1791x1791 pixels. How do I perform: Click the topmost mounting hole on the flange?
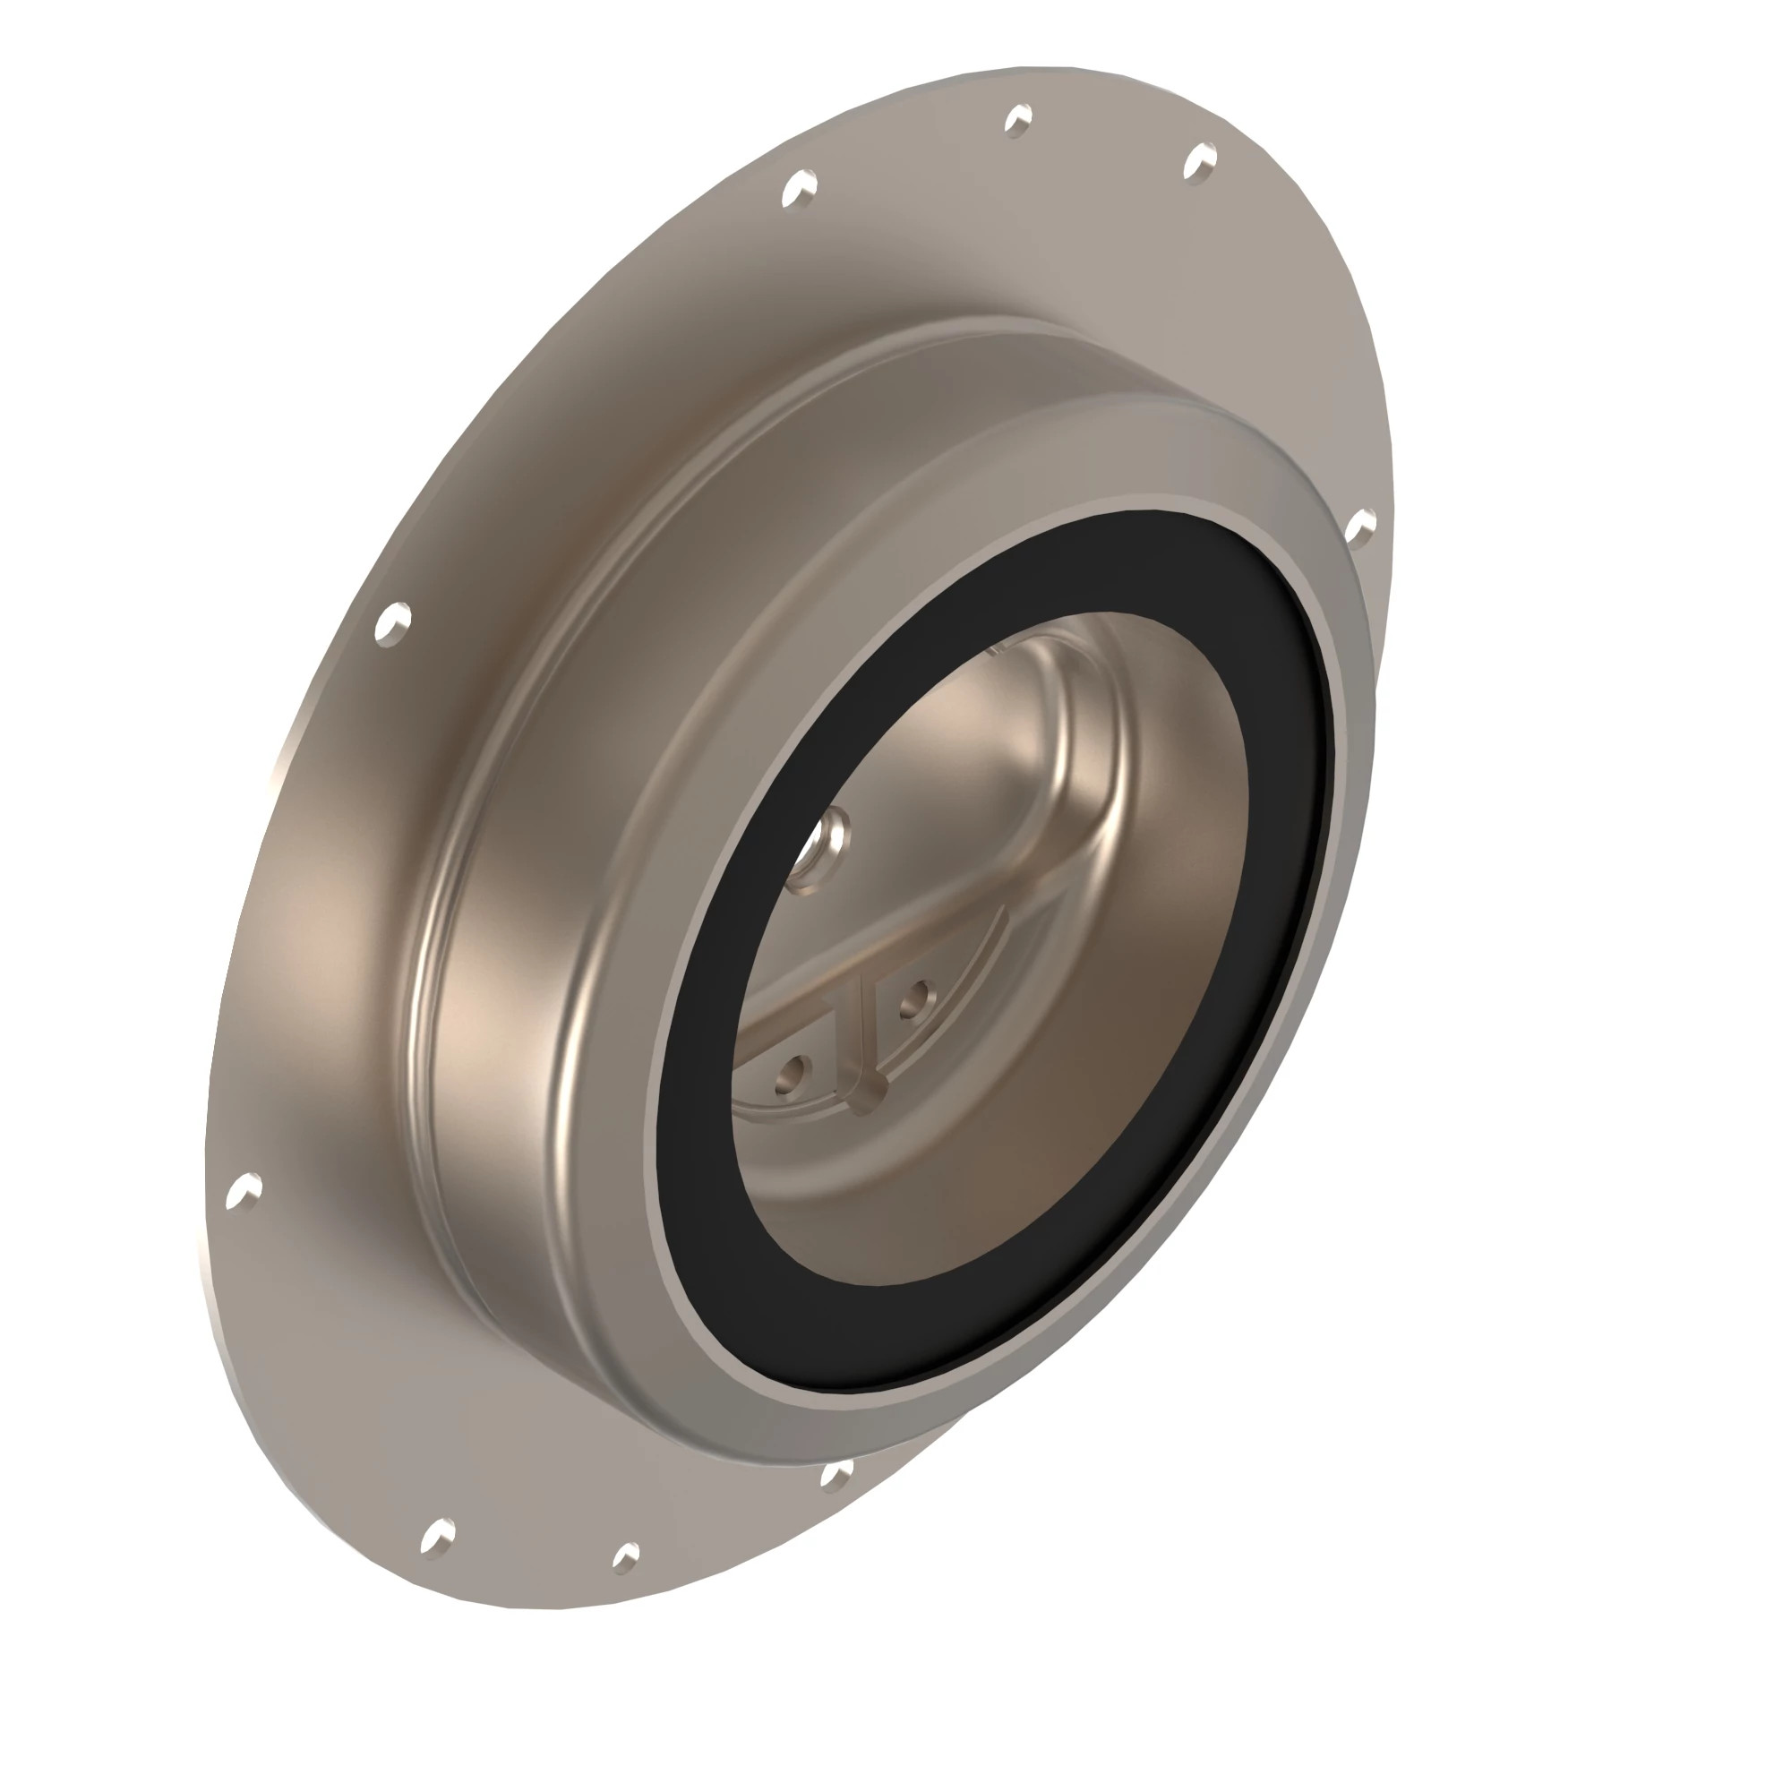[1018, 120]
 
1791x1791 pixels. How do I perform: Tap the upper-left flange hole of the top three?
[798, 188]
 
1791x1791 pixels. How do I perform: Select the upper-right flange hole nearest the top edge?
[1201, 163]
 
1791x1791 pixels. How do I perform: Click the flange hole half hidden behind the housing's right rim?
[1359, 528]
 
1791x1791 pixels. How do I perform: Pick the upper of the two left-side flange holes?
[393, 621]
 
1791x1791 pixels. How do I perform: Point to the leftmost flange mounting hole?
[244, 1190]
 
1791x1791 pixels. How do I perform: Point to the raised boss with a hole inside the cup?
[824, 844]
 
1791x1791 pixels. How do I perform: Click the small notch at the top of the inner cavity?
[995, 649]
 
